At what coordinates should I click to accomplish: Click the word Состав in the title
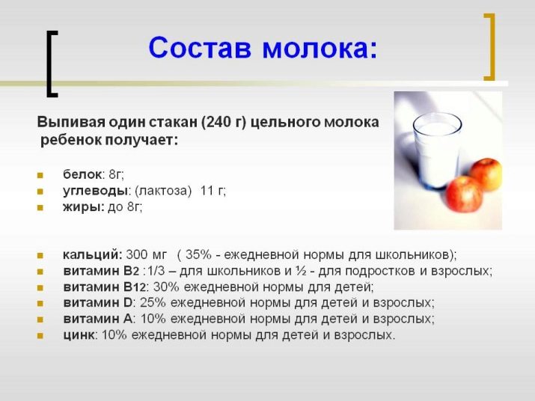[200, 48]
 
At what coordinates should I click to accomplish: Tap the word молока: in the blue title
[320, 49]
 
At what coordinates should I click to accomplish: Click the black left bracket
[52, 64]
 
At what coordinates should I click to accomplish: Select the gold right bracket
[489, 46]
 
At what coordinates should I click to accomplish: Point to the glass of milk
[436, 150]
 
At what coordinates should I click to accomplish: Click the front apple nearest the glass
[465, 193]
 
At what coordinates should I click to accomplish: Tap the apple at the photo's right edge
[487, 174]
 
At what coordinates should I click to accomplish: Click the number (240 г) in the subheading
[224, 123]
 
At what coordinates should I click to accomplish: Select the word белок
[82, 174]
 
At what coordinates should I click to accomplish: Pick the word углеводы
[95, 191]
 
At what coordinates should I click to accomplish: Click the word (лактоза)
[163, 191]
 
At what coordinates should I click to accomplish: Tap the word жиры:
[84, 206]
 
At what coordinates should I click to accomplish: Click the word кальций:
[92, 254]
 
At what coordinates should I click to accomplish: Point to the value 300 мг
[147, 254]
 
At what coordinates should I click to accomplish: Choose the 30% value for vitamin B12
[166, 287]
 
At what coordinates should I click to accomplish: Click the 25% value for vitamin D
[153, 303]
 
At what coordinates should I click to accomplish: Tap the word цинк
[78, 335]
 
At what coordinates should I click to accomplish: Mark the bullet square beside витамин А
[40, 319]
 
